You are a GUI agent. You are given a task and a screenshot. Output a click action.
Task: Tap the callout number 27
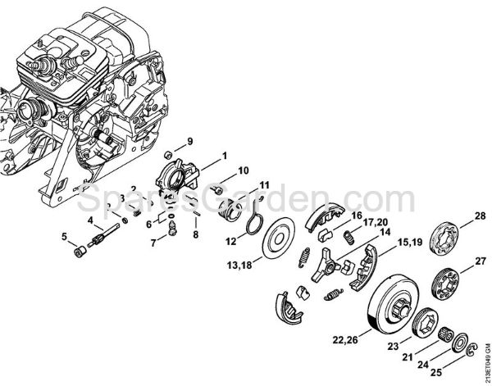(x=479, y=261)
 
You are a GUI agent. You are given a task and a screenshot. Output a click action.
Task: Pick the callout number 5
(x=63, y=238)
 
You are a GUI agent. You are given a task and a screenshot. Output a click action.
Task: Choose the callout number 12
(x=232, y=241)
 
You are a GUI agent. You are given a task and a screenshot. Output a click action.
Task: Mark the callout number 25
(x=445, y=370)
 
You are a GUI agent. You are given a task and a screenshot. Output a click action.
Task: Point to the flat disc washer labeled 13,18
(x=276, y=237)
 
